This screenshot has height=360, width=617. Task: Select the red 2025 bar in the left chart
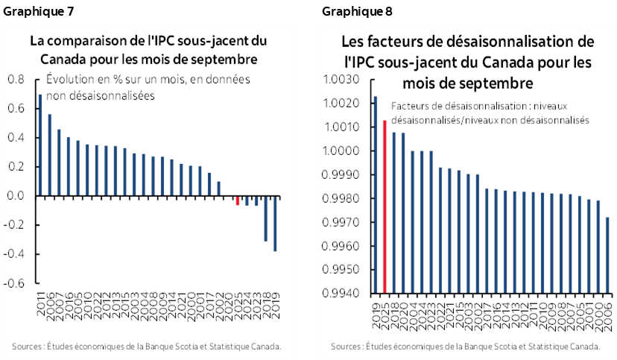pos(238,200)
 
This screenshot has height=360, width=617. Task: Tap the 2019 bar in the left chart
pos(275,224)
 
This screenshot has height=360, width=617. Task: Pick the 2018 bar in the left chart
pos(265,218)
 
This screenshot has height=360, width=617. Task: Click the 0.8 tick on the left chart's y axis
pos(16,79)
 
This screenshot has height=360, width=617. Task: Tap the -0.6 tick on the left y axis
pos(14,284)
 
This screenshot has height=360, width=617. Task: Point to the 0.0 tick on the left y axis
pos(16,196)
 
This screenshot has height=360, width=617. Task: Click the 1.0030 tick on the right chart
pos(347,80)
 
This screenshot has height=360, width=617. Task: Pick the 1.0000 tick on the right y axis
pos(347,151)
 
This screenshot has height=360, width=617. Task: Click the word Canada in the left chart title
pos(52,58)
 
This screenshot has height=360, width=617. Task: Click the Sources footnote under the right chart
pos(465,347)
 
